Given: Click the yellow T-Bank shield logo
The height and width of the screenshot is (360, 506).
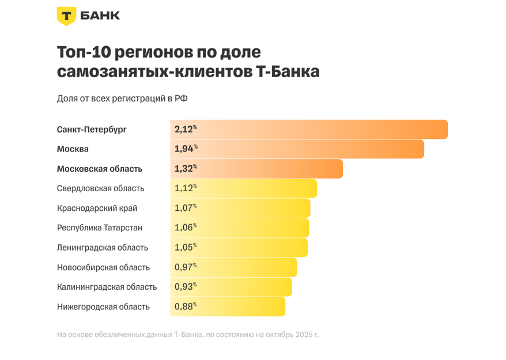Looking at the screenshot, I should tap(66, 16).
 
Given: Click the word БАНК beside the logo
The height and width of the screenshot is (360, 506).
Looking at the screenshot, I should tap(100, 16).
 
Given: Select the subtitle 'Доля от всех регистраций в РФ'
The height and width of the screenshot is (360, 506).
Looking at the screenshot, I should tap(122, 98).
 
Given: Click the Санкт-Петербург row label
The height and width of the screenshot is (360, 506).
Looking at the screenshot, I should tap(92, 130).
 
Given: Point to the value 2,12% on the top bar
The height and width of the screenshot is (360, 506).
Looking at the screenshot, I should tap(186, 129).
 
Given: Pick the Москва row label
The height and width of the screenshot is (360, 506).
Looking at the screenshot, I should tap(73, 149).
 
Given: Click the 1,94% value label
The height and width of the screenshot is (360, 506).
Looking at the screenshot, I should tap(186, 149).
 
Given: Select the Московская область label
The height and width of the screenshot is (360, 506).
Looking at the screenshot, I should tap(99, 169).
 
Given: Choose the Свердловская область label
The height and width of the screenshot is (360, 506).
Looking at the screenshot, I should tap(100, 188).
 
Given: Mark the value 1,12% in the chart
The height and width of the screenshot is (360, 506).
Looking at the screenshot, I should tap(186, 188).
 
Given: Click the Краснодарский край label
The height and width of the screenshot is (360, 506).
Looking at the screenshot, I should tap(97, 208).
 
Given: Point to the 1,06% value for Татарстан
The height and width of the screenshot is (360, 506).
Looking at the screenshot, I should tap(186, 228).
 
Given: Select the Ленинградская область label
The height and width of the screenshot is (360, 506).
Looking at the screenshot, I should tap(102, 247).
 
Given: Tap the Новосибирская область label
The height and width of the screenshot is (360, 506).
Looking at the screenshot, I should tap(103, 267).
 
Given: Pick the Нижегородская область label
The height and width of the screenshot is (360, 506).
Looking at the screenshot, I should tap(103, 306).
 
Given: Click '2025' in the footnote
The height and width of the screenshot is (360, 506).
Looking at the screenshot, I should tap(303, 334).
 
